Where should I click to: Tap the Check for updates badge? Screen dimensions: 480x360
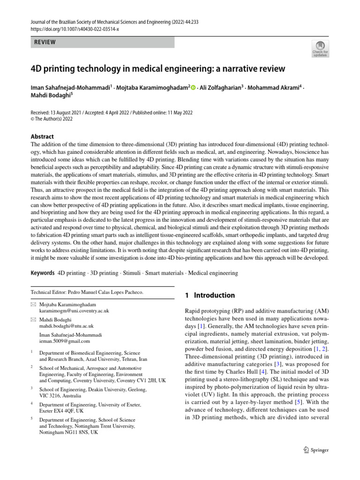[321, 48]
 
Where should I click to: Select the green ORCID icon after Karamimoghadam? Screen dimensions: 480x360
[193, 87]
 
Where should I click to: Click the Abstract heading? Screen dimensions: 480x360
[42, 137]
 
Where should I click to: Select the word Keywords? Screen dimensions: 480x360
[42, 273]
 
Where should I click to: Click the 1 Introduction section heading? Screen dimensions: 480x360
[210, 295]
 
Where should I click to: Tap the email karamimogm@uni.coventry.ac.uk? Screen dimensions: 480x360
[75, 311]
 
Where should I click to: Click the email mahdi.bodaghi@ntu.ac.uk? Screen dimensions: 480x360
[67, 326]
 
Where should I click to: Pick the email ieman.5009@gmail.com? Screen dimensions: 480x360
[65, 341]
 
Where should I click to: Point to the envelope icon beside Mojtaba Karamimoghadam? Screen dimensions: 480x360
[33, 305]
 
